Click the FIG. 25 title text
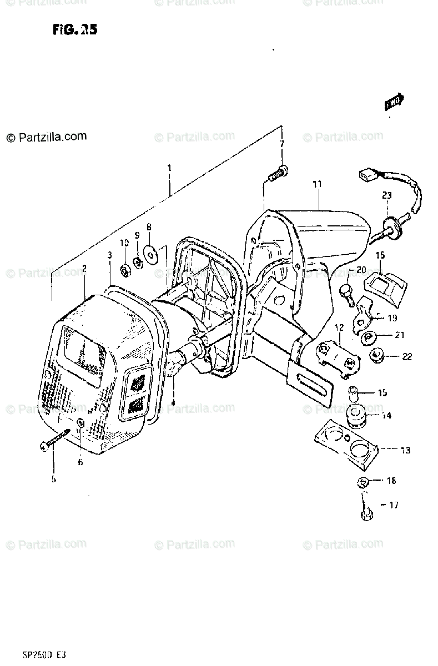(74, 30)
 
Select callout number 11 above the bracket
(316, 184)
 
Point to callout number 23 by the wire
(386, 195)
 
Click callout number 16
(380, 255)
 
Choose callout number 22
(407, 357)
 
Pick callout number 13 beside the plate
(405, 451)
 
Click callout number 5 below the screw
(53, 479)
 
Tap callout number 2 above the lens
(84, 269)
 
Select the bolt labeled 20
(347, 292)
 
